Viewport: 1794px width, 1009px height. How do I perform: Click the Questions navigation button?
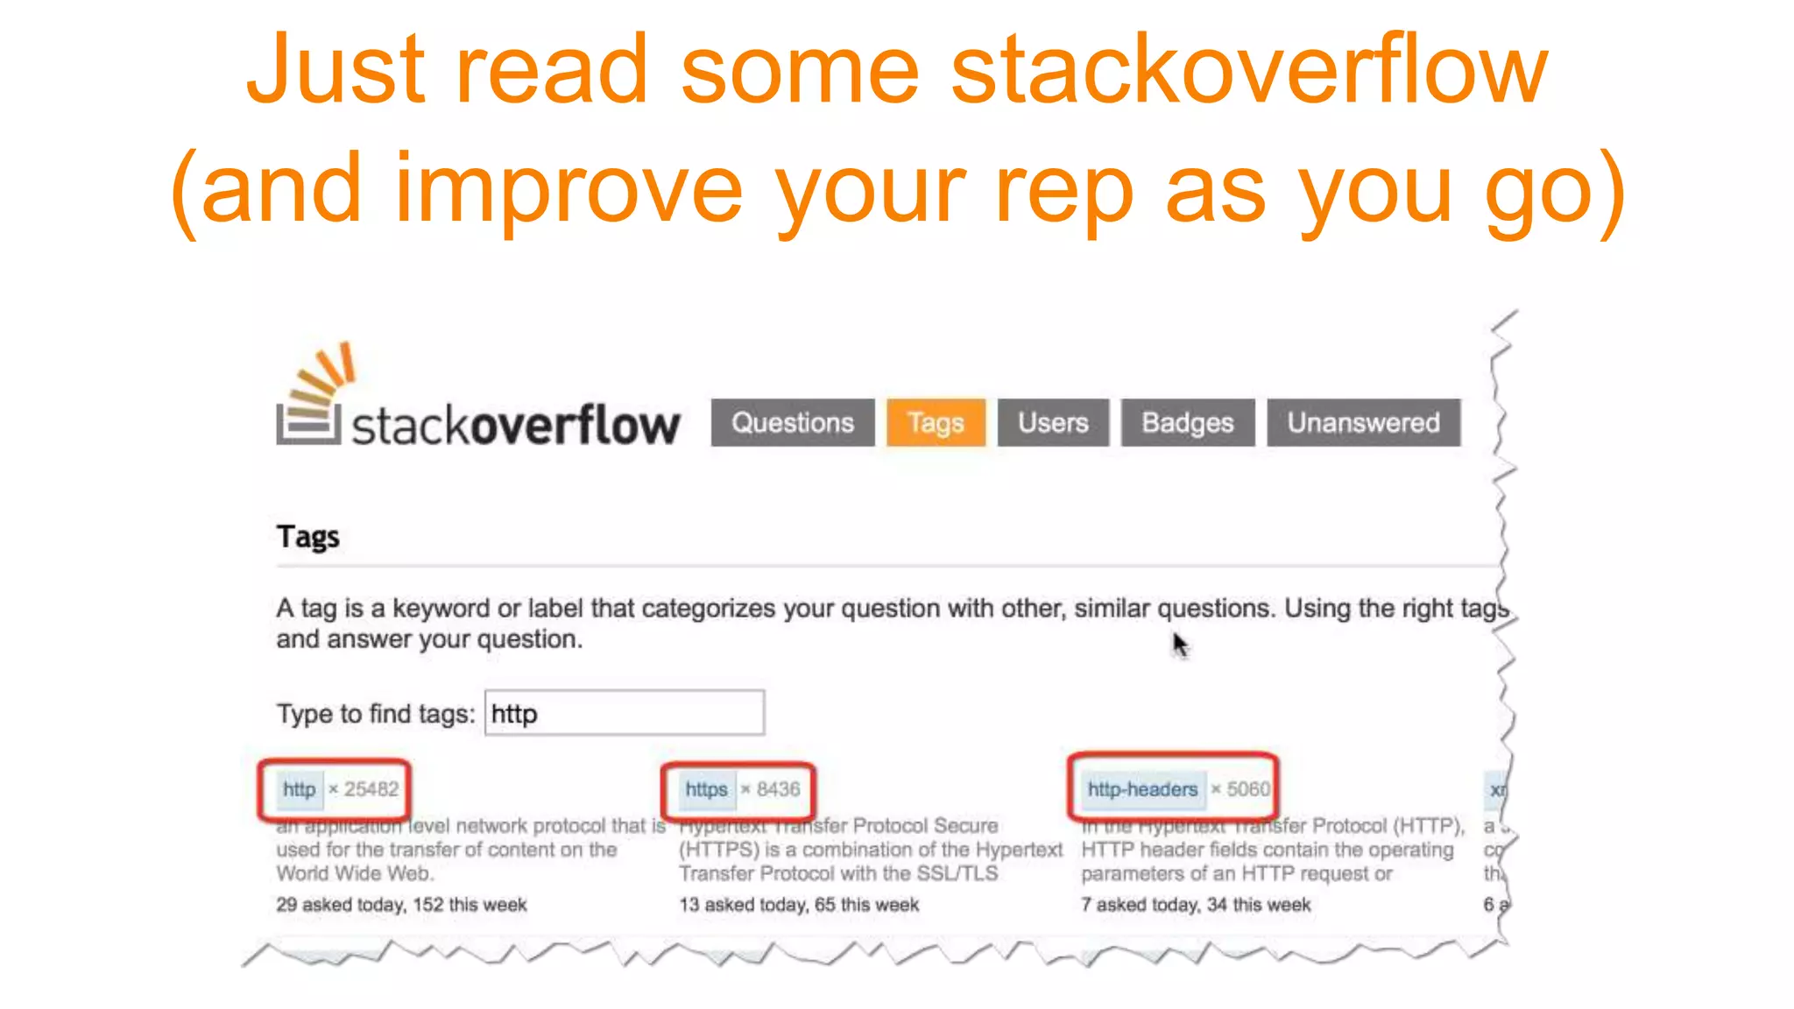tap(792, 423)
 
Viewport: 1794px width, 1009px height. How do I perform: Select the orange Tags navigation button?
tap(936, 423)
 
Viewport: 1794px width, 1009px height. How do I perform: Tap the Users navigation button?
tap(1053, 423)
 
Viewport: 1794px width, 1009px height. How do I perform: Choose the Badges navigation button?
tap(1187, 423)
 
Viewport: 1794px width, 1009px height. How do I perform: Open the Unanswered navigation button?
tap(1363, 423)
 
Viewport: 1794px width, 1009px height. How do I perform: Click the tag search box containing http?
tap(624, 713)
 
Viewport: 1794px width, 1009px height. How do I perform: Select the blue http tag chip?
tap(300, 789)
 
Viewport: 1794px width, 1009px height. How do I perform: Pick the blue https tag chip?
tap(706, 789)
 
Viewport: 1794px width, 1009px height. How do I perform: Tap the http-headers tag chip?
tap(1142, 789)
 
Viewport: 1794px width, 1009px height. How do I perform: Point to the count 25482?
tap(371, 789)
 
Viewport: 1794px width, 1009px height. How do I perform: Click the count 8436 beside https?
tap(778, 789)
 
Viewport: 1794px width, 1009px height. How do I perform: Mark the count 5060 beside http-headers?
tap(1247, 789)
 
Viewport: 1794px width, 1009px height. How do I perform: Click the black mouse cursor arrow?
tap(1180, 645)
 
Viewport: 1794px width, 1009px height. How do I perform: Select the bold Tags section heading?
tap(307, 536)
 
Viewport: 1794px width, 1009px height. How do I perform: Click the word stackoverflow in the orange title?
tap(1249, 70)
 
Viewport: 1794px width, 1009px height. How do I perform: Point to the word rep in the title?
tap(1063, 189)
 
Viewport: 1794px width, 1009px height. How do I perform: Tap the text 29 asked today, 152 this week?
tap(401, 905)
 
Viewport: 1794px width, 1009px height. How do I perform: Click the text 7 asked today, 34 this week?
tap(1196, 905)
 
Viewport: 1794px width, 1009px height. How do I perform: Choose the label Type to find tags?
tap(376, 714)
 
